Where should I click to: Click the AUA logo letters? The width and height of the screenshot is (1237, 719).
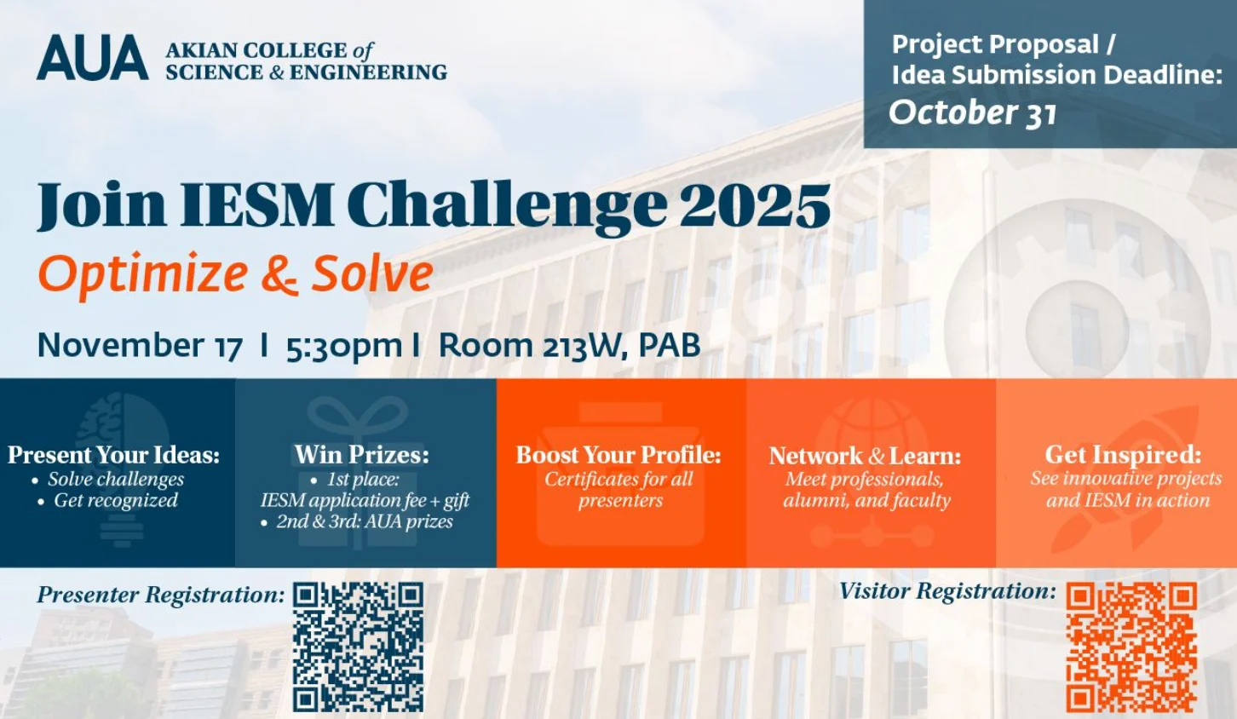point(92,57)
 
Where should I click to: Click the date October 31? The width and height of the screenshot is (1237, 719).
point(973,112)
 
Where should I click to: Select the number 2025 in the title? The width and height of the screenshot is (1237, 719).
point(755,204)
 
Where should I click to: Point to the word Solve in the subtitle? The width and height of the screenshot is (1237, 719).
point(372,273)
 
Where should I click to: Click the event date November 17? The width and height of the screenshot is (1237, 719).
point(140,346)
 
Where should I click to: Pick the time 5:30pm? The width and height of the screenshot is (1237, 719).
point(344,346)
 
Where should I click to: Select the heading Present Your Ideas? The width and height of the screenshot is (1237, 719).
point(114,454)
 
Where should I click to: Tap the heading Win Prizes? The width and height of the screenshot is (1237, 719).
point(362,454)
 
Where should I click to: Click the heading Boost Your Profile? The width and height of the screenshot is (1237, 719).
point(618,454)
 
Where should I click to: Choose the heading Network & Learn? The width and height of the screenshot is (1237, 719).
point(865,456)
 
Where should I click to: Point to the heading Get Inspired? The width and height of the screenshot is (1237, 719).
point(1123,454)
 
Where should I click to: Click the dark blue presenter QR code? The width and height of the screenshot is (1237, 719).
point(358,647)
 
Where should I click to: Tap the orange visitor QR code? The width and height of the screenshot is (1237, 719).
point(1131,647)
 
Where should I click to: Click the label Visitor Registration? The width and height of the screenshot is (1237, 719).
point(947,591)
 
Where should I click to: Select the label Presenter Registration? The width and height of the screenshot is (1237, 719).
point(161,595)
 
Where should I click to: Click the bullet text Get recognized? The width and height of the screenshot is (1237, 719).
point(115,500)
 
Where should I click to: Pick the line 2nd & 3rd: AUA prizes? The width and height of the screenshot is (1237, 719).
point(365,522)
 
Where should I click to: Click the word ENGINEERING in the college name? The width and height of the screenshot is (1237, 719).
point(368,72)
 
